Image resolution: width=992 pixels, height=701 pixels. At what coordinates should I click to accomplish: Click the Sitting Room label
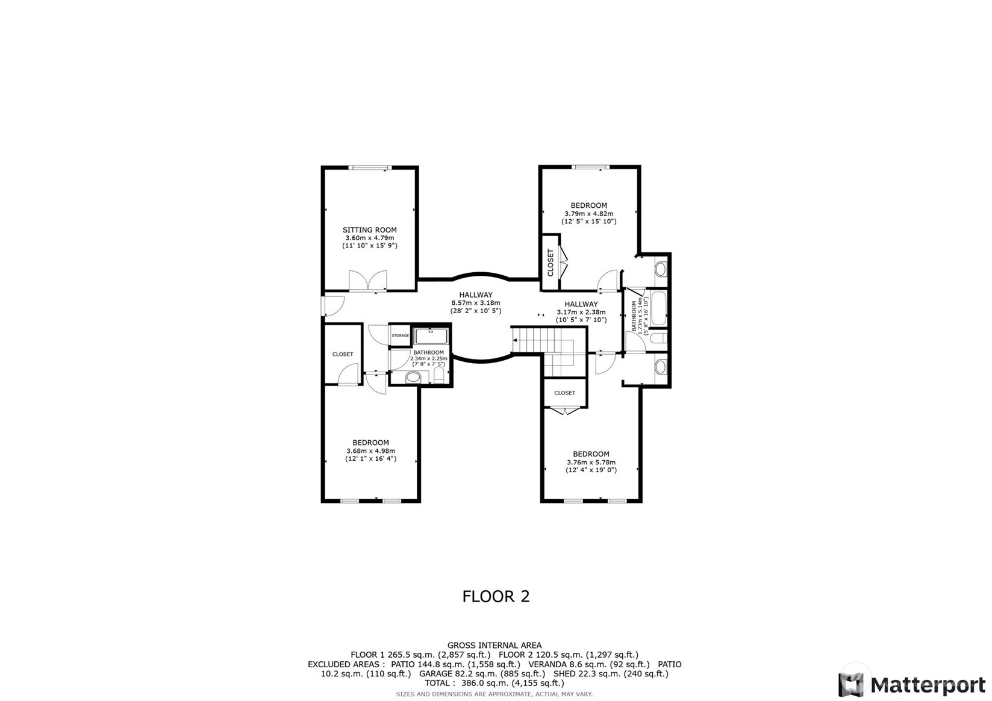click(x=369, y=230)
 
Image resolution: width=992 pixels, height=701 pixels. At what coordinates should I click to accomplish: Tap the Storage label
click(x=401, y=335)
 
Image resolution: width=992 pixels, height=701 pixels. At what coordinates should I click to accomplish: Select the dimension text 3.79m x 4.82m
click(x=588, y=213)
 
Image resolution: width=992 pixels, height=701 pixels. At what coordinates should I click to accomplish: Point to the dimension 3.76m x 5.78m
click(x=591, y=463)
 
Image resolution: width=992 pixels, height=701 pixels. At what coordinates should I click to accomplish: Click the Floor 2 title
click(x=496, y=596)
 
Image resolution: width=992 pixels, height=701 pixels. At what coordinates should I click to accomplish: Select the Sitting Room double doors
click(x=368, y=280)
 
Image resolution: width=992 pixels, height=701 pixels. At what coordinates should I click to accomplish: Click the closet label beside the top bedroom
click(x=551, y=263)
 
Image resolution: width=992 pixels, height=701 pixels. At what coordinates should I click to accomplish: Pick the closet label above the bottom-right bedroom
click(x=564, y=393)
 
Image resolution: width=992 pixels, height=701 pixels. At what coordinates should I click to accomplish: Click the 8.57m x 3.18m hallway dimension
click(x=476, y=303)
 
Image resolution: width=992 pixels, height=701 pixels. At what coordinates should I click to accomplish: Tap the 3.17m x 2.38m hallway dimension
click(x=581, y=312)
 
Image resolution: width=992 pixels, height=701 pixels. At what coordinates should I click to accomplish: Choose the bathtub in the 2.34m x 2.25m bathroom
click(x=431, y=337)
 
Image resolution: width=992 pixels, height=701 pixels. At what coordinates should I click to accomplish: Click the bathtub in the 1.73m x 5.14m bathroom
click(x=658, y=309)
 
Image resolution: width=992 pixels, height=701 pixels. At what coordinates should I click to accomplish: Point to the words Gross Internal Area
click(x=494, y=645)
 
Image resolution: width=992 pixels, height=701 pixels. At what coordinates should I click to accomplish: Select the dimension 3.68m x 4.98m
click(x=370, y=451)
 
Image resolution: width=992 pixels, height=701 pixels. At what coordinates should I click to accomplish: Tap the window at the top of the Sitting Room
click(x=370, y=167)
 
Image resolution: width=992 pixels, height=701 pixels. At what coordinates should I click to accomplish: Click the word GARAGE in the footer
click(x=435, y=673)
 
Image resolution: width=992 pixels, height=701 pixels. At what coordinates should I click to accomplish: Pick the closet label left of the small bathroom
click(x=343, y=354)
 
